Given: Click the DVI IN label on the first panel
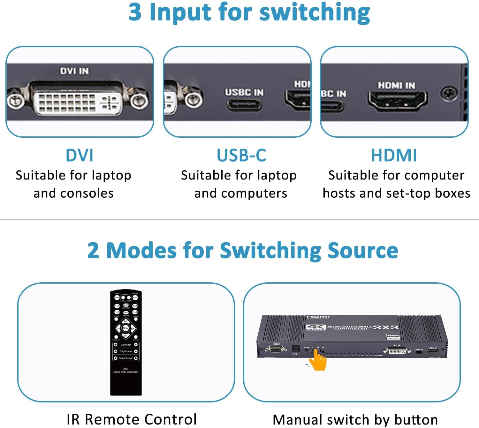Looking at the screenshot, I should pyautogui.click(x=74, y=71).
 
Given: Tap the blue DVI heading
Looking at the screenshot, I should pyautogui.click(x=79, y=155).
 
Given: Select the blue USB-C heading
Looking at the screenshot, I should pyautogui.click(x=241, y=155).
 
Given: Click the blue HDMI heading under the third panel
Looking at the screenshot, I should pyautogui.click(x=394, y=155).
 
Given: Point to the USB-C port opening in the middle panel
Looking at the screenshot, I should pyautogui.click(x=244, y=105).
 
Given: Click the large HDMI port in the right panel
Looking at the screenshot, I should pyautogui.click(x=397, y=100).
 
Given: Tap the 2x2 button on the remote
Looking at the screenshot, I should pyautogui.click(x=126, y=321).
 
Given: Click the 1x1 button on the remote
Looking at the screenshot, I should pyautogui.click(x=117, y=306).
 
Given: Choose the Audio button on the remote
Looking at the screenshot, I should pyautogui.click(x=135, y=297).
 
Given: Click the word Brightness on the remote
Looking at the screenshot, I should pyautogui.click(x=126, y=351).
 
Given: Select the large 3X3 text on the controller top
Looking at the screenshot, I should pyautogui.click(x=386, y=327).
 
